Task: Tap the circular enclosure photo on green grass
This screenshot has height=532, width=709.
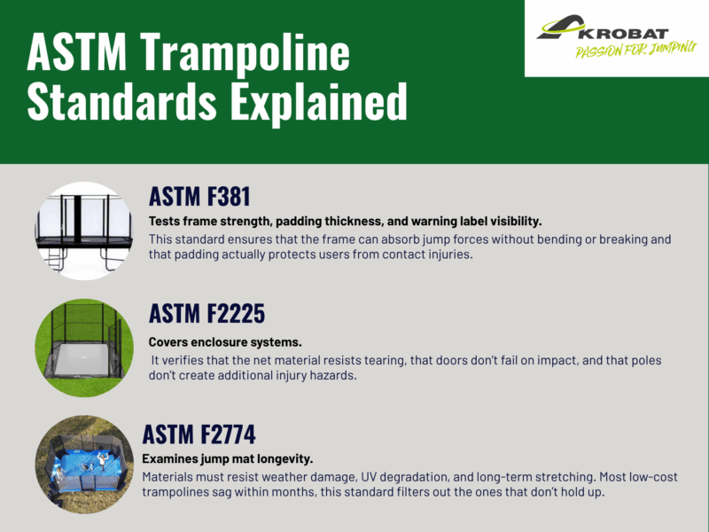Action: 83,348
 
